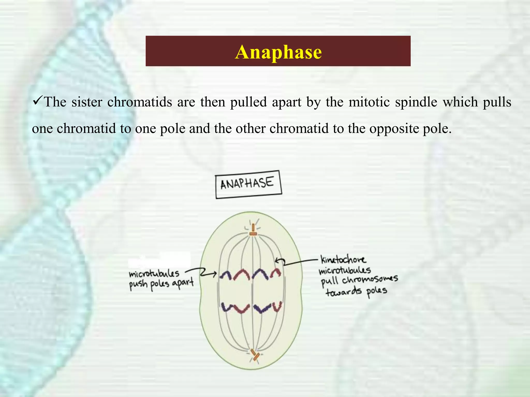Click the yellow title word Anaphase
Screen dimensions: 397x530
click(278, 52)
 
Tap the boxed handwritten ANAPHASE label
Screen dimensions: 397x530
click(248, 184)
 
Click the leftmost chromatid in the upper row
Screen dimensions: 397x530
click(226, 275)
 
